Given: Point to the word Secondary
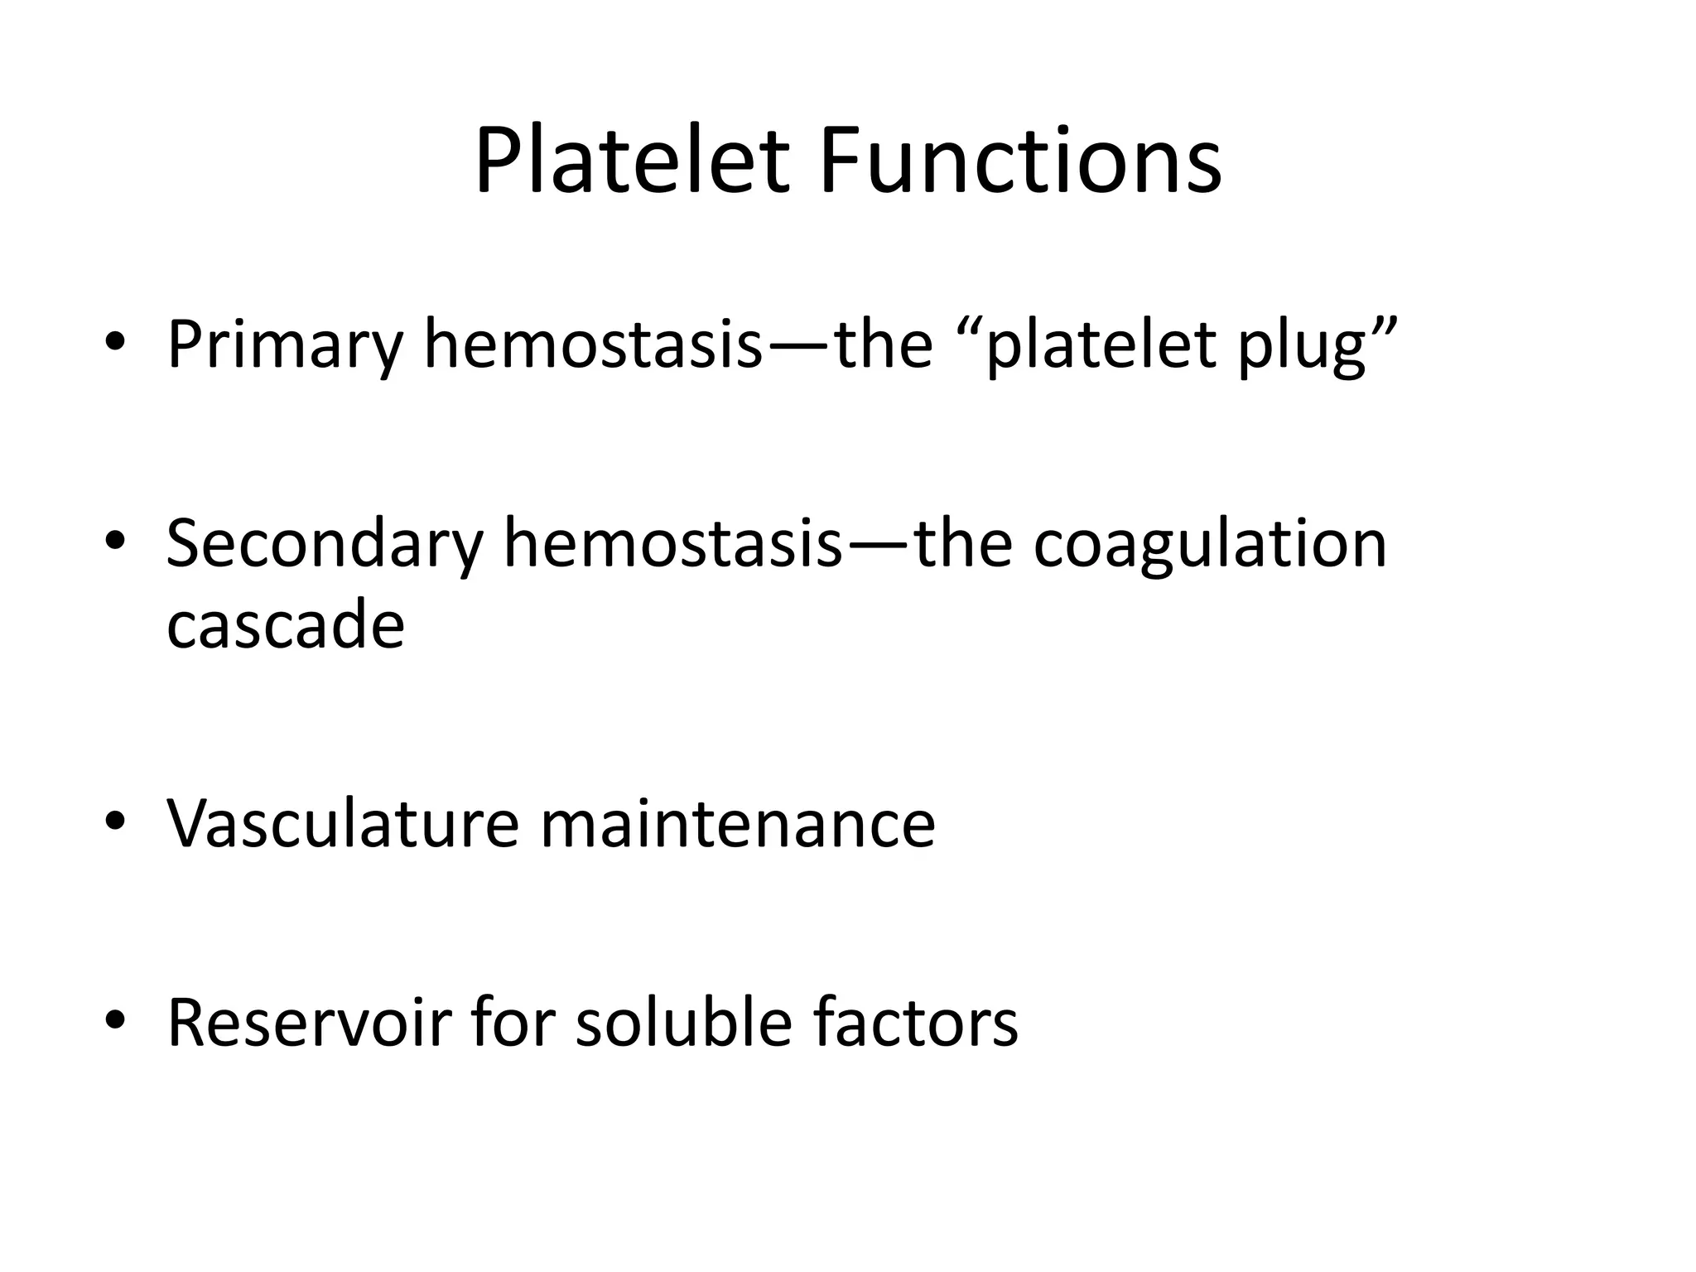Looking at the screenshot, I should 324,545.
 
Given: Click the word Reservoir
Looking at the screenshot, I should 309,1024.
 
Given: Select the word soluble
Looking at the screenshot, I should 684,1024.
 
